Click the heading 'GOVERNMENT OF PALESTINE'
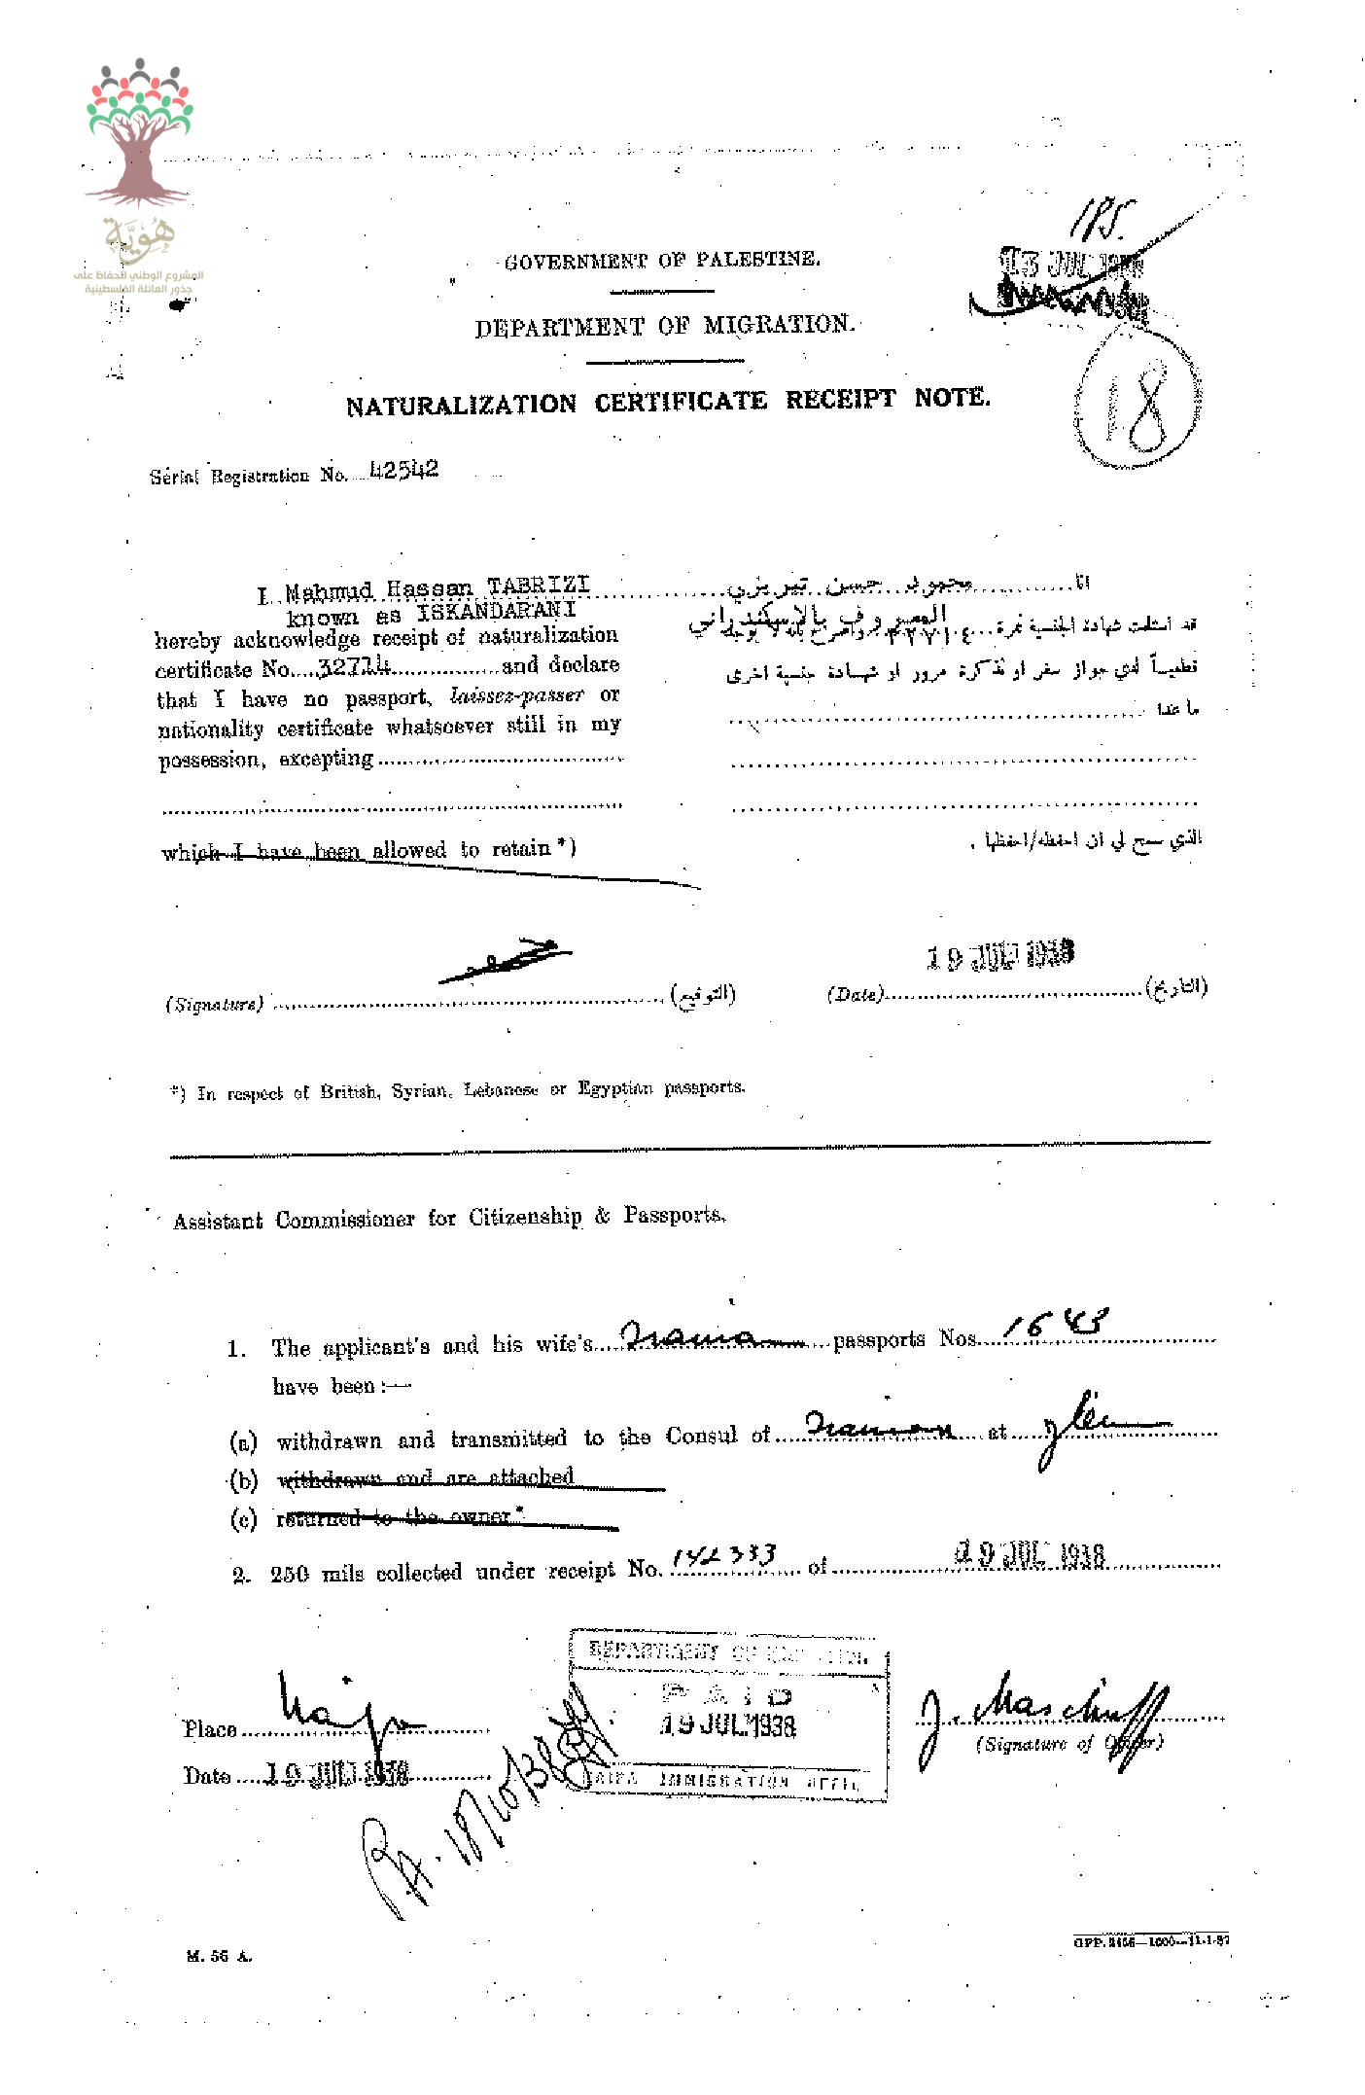(662, 260)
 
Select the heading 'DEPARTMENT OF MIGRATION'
(665, 325)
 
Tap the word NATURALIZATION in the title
(461, 405)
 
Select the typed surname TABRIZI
(539, 585)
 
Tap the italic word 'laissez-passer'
(517, 695)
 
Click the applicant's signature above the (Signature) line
(506, 960)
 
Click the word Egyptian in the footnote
(615, 1088)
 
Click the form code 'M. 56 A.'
(219, 1956)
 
